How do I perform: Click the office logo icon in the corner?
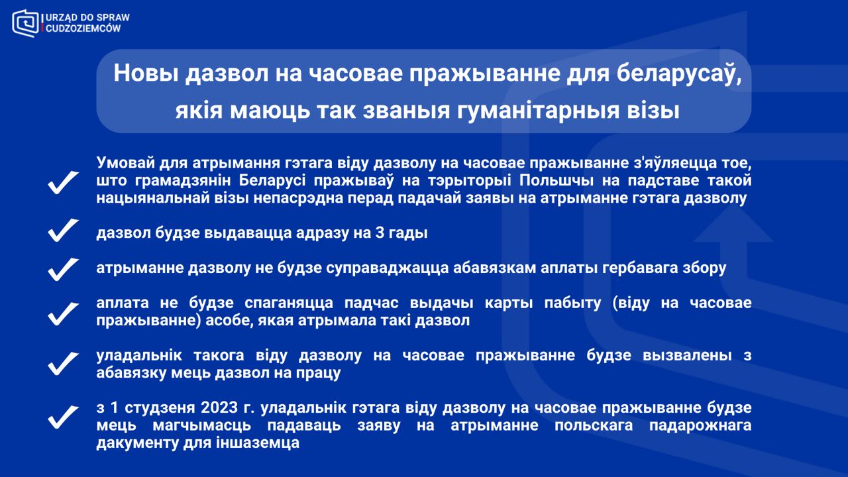coord(25,23)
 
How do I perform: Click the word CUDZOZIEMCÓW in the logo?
coord(83,28)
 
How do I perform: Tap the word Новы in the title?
coord(146,73)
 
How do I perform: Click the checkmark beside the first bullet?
coord(63,182)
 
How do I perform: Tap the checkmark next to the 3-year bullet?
coord(63,230)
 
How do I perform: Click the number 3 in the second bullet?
coord(380,233)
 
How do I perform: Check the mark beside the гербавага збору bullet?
coord(63,270)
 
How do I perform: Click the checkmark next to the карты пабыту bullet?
coord(63,314)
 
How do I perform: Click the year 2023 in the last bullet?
coord(219,407)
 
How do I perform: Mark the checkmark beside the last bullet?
coord(63,417)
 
